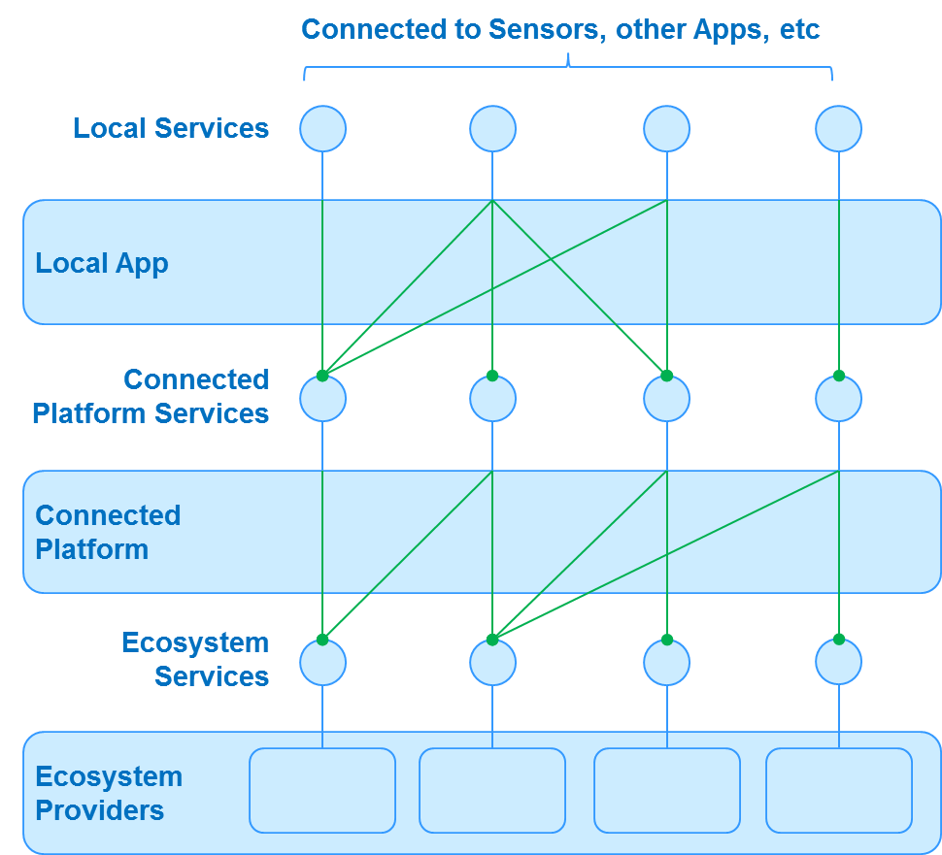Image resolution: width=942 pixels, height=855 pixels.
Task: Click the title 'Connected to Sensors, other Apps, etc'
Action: (560, 29)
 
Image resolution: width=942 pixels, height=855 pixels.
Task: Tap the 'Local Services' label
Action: (171, 128)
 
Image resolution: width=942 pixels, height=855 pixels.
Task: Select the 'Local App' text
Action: (102, 263)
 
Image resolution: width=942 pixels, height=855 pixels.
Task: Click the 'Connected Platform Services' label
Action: (151, 396)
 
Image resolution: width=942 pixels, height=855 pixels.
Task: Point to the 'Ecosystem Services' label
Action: (195, 659)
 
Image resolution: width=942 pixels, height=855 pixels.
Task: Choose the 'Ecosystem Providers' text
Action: (109, 793)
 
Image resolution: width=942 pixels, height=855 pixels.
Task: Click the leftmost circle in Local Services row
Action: (322, 128)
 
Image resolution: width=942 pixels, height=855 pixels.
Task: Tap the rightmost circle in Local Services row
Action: (838, 128)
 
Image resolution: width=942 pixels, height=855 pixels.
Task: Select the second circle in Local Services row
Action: (492, 128)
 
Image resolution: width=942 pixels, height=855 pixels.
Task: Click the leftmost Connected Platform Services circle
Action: (322, 399)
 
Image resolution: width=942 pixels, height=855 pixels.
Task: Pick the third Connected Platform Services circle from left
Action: (666, 399)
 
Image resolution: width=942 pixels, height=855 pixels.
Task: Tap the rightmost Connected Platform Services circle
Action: (838, 399)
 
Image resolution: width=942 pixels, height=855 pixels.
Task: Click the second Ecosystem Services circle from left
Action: (492, 663)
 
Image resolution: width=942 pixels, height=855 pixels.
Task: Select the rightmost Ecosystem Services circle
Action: (838, 663)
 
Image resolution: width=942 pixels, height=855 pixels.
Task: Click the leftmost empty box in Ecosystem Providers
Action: (322, 790)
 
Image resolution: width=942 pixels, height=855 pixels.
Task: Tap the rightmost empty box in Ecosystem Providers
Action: (838, 790)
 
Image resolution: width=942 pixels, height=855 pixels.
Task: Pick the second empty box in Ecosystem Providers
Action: (492, 790)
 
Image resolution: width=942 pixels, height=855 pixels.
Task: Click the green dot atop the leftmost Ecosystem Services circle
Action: (322, 640)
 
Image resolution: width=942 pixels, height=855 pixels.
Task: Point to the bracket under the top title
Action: (568, 68)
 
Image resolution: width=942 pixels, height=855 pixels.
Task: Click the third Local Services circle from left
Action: (666, 128)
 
